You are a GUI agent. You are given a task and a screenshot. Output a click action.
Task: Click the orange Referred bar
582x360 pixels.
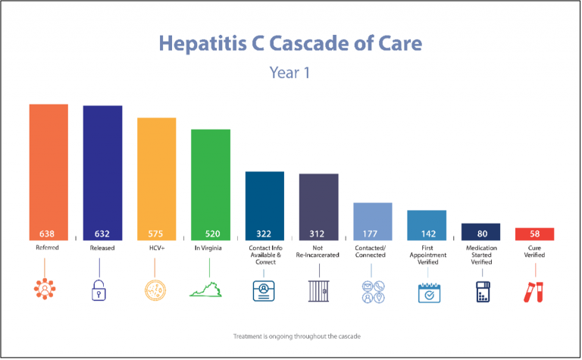coord(48,167)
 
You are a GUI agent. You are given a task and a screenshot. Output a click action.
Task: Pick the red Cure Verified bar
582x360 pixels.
coord(534,233)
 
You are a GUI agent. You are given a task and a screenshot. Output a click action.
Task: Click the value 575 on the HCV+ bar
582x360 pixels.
coord(156,233)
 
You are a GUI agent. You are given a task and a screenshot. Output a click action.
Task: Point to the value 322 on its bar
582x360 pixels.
coord(264,233)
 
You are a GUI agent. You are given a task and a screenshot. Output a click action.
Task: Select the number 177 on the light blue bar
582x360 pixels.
coord(372,233)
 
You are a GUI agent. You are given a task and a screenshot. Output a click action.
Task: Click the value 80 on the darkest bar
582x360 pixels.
coord(480,233)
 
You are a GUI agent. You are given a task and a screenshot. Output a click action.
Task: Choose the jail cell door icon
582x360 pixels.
coord(318,292)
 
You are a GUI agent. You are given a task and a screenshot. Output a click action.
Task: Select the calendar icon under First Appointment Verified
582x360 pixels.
coord(427,292)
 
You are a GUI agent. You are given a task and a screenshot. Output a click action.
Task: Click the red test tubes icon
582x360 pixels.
coord(534,292)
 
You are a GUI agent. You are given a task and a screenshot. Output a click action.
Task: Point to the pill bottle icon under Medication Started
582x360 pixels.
coord(480,292)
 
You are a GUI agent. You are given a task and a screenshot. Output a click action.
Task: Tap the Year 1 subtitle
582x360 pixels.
coord(290,73)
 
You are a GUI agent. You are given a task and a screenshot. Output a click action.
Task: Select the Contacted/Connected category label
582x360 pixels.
coord(372,251)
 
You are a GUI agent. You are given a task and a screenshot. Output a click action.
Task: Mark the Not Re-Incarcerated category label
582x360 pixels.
coord(318,251)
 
